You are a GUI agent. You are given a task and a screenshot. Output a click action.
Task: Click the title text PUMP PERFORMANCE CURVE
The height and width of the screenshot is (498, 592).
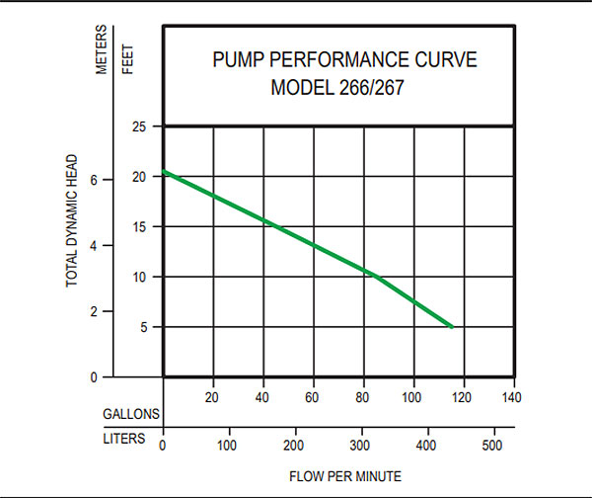point(344,59)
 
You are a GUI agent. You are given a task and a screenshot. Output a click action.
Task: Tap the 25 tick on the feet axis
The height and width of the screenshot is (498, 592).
point(140,126)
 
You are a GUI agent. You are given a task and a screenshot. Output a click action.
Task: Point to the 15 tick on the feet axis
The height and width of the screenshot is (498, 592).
point(140,227)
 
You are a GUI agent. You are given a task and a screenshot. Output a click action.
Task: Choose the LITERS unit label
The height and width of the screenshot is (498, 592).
point(125,438)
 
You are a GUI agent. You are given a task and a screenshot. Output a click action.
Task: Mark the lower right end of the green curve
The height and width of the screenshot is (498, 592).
point(452,326)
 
